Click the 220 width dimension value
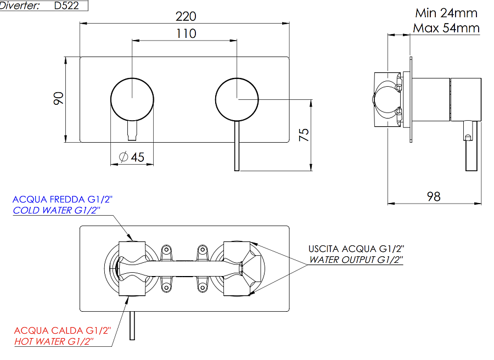click(x=185, y=16)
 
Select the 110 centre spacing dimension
click(x=186, y=33)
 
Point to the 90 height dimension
click(x=59, y=99)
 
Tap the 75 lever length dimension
click(x=304, y=134)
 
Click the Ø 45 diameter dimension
click(x=132, y=157)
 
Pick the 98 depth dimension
click(x=434, y=196)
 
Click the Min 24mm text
click(x=446, y=13)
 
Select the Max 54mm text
click(x=446, y=27)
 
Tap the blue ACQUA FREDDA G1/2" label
click(x=62, y=200)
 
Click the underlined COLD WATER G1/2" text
click(x=57, y=211)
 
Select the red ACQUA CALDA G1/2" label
click(x=63, y=330)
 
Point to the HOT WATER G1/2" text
click(x=54, y=341)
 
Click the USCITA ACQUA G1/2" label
click(x=356, y=249)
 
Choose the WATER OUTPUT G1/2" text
click(x=356, y=260)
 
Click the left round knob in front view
click(x=132, y=99)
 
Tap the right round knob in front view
click(x=237, y=99)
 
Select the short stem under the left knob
click(x=132, y=130)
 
